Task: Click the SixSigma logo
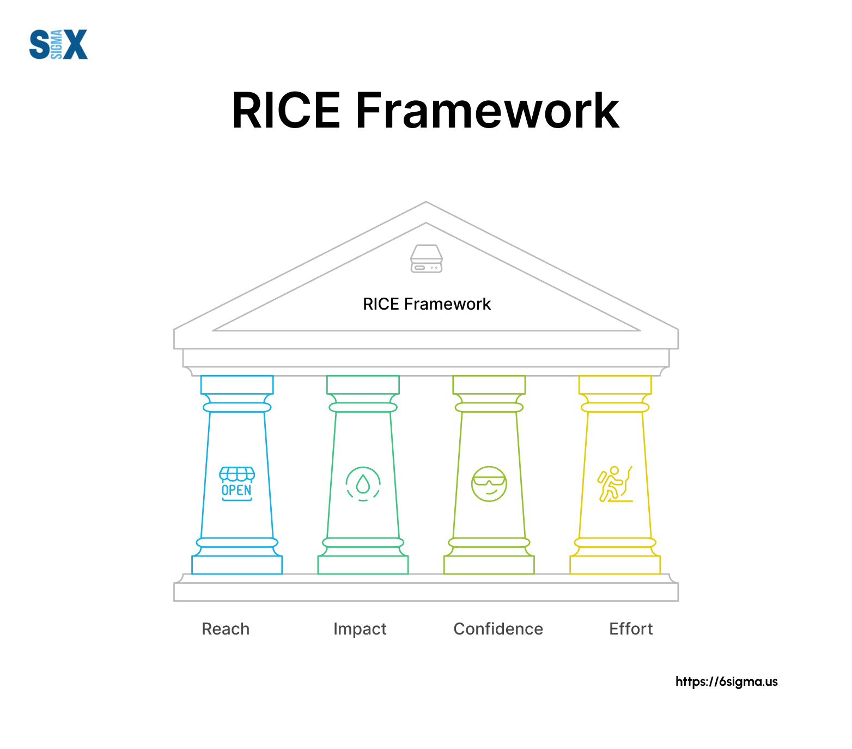point(58,44)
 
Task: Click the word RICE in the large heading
point(287,111)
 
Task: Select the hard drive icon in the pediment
point(426,258)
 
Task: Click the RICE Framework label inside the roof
point(427,304)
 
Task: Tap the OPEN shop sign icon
point(237,484)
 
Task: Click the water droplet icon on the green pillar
point(363,484)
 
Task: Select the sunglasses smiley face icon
point(489,484)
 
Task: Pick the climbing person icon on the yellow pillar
point(615,484)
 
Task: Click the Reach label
point(226,629)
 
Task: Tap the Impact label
point(360,629)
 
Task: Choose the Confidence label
point(498,629)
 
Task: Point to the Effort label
point(631,629)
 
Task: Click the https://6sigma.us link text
point(726,681)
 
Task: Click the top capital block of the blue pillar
point(237,384)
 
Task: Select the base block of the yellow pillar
point(615,565)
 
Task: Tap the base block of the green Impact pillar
point(363,565)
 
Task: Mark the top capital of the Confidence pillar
point(489,384)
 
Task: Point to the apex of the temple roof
point(426,202)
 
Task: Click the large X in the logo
point(75,44)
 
